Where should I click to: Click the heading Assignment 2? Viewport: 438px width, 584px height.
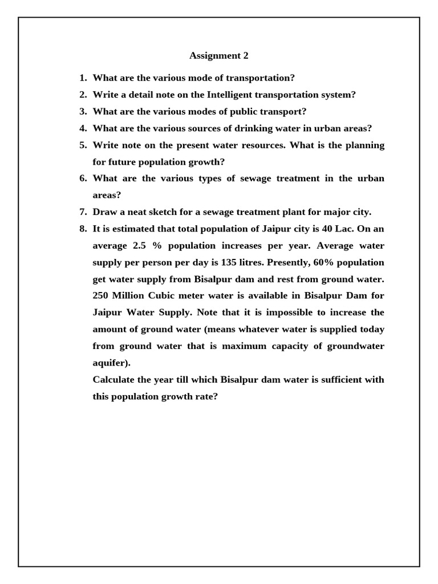pyautogui.click(x=219, y=56)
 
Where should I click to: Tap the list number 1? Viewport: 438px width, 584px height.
pyautogui.click(x=82, y=78)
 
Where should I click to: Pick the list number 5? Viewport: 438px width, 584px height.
pyautogui.click(x=82, y=145)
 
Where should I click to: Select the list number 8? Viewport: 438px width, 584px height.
pyautogui.click(x=82, y=229)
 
